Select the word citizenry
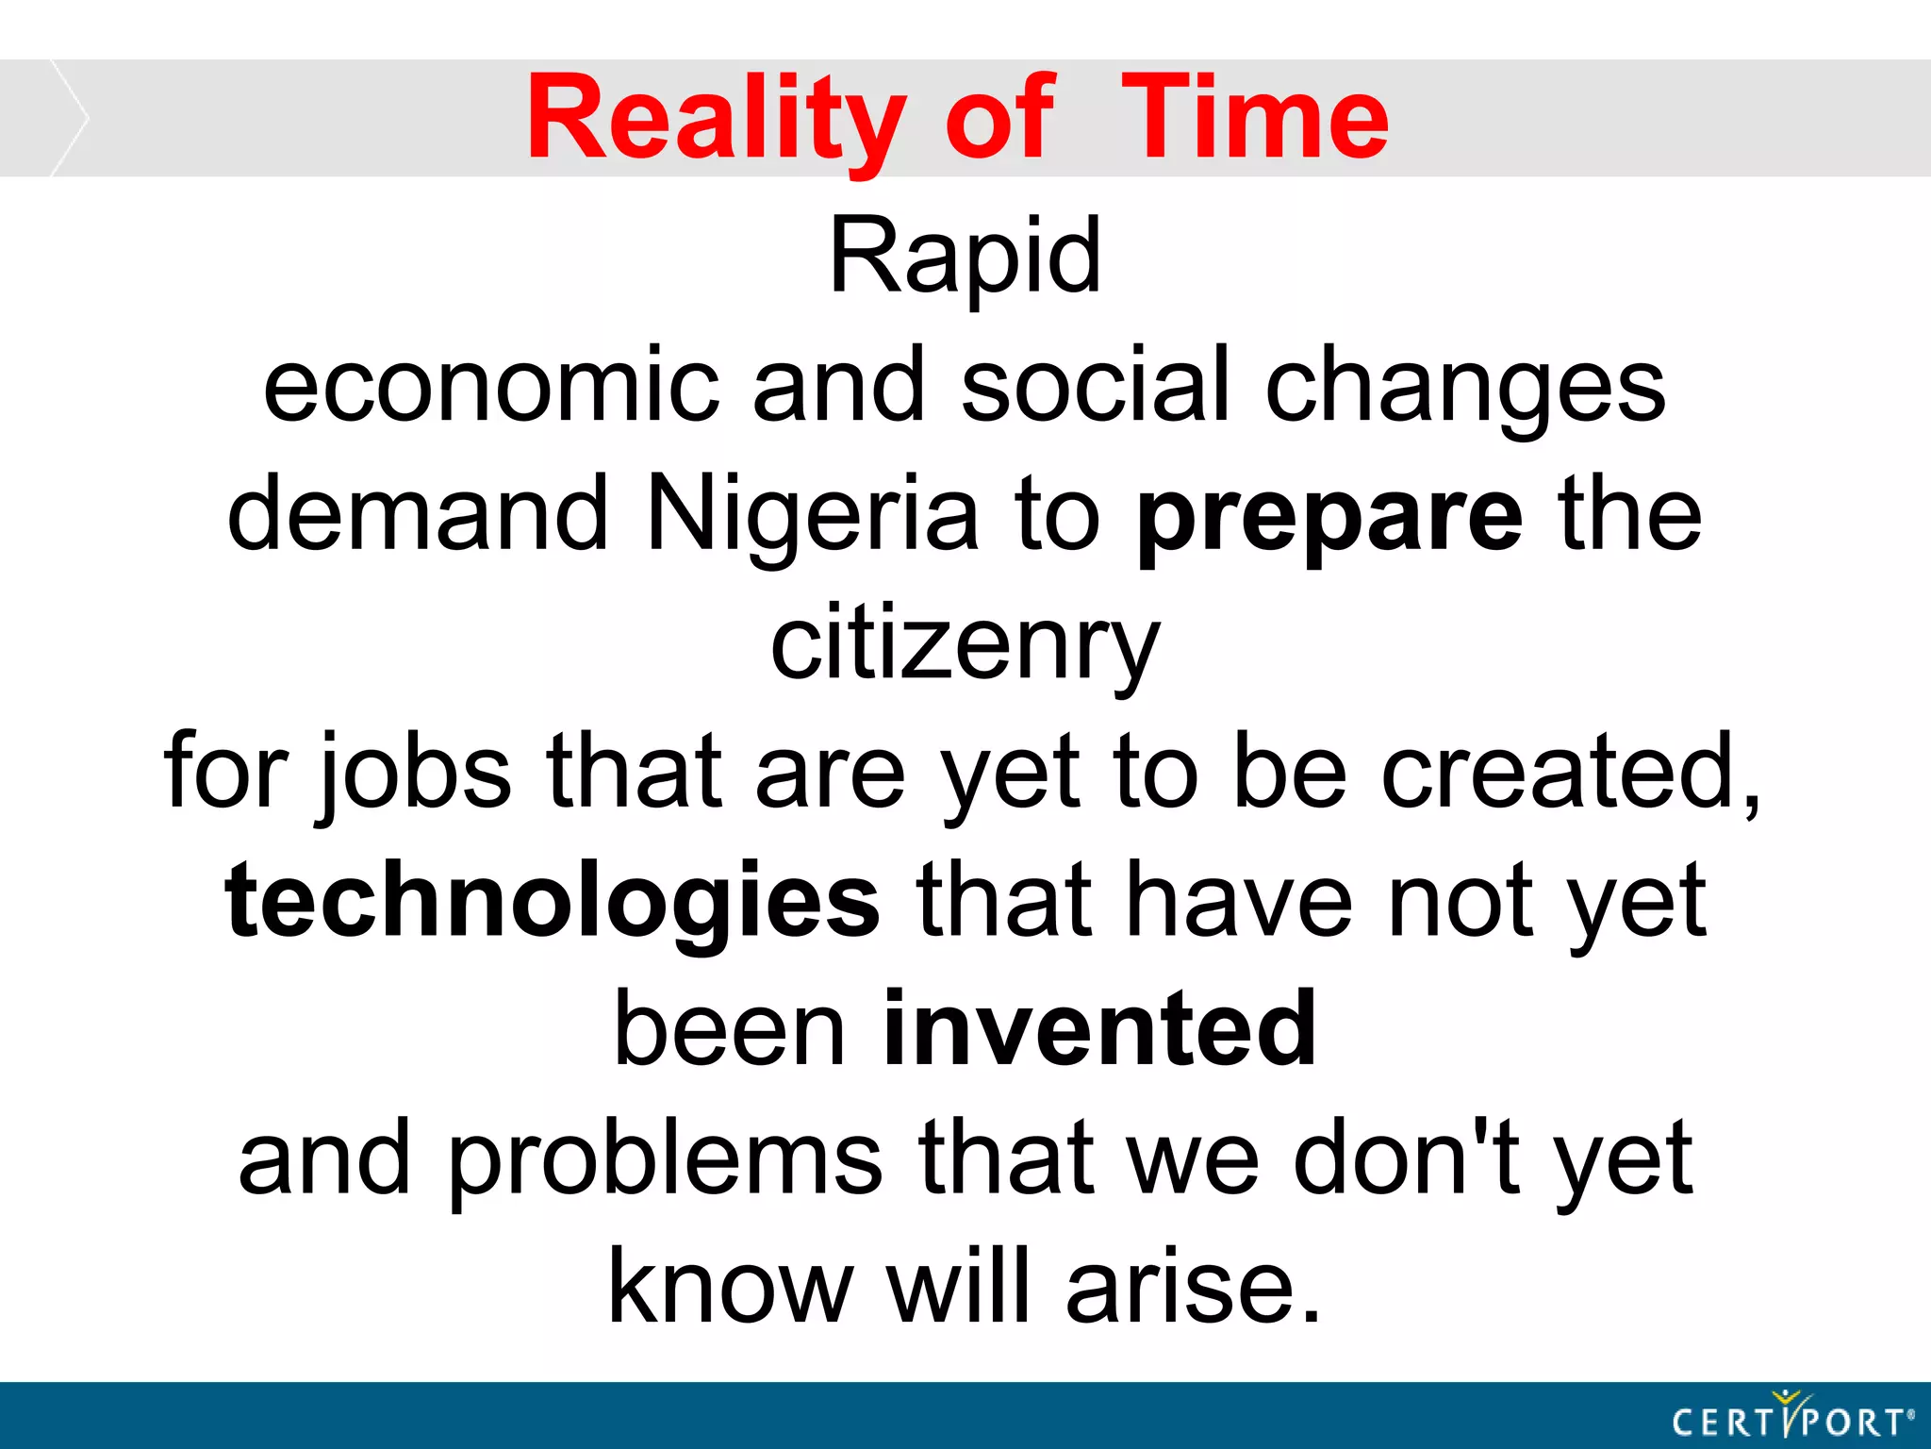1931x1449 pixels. point(965,647)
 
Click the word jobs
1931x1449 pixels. point(415,774)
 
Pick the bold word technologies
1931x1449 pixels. point(553,902)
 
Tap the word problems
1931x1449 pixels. point(665,1160)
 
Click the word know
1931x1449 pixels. point(731,1287)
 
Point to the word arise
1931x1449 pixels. point(1192,1287)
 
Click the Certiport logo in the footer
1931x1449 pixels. point(1791,1417)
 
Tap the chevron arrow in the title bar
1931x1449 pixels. point(68,118)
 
